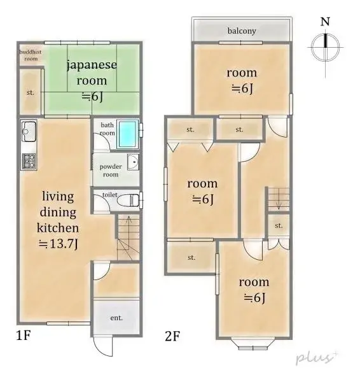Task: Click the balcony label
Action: coord(241,31)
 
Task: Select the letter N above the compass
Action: coord(325,22)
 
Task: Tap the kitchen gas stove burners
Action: coord(29,161)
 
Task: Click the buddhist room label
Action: coord(29,55)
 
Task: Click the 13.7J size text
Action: coord(59,243)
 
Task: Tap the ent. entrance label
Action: coord(116,317)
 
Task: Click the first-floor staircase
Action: coord(128,237)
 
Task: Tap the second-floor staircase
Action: coord(277,198)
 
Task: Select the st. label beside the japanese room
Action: coord(29,92)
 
